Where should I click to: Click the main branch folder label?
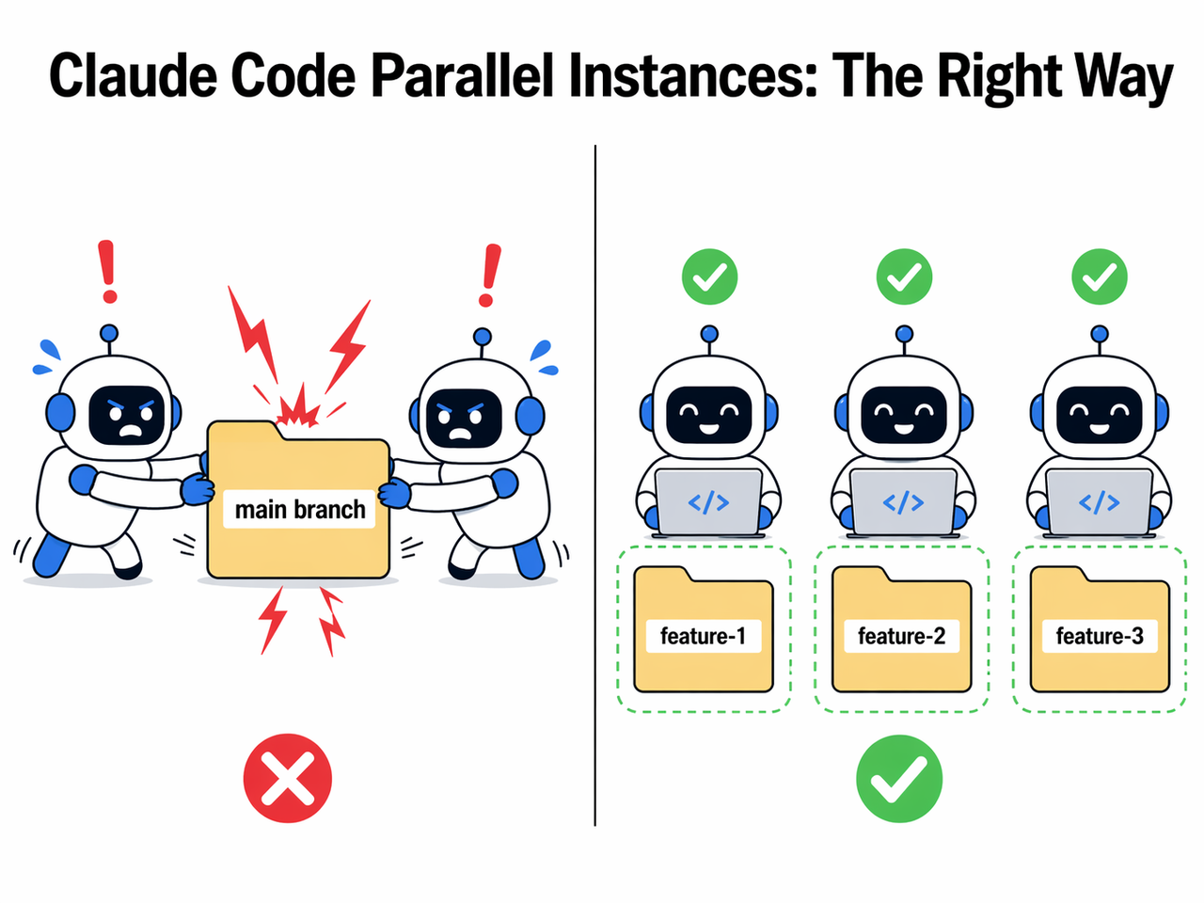pos(300,509)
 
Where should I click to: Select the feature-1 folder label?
pos(703,636)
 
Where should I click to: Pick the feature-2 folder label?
pos(901,636)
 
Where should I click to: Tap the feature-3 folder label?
pos(1099,636)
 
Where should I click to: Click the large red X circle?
pos(288,778)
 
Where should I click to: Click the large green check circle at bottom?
pos(899,779)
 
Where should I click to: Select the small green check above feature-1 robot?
pos(709,277)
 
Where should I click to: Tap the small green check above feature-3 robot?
pos(1100,277)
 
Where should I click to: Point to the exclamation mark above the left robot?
pos(108,273)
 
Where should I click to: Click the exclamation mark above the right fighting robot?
pos(489,275)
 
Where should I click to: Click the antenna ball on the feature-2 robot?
pos(904,334)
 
